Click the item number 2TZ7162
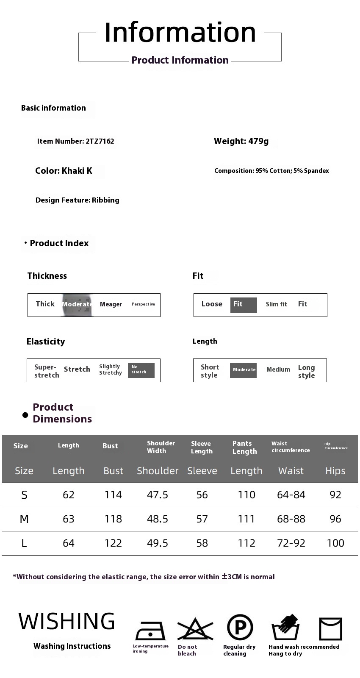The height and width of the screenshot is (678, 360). coord(100,142)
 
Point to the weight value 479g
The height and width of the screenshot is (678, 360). coord(258,142)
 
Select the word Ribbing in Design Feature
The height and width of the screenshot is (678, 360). coord(105,200)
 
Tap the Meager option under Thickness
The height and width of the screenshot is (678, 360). coord(111,304)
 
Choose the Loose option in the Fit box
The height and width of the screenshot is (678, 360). coord(212,304)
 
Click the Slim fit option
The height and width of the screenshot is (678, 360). coord(276,304)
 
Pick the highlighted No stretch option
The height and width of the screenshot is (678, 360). coord(141,370)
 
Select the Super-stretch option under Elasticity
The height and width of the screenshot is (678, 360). coord(47,371)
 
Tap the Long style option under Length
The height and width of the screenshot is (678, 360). coord(306,371)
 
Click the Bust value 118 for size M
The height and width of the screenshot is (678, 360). coord(113,519)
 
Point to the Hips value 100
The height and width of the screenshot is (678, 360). coord(335,543)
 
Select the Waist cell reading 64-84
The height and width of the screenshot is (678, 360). coord(291,495)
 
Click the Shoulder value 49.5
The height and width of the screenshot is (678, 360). coord(158,543)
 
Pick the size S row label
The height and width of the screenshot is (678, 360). coord(24,495)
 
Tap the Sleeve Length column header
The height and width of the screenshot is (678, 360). coord(202,447)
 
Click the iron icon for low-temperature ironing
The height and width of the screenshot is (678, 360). coord(150,631)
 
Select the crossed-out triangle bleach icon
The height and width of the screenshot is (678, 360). coord(195,629)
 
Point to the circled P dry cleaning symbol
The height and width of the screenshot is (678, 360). coord(240,628)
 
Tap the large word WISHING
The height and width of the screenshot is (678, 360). coord(66,622)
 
